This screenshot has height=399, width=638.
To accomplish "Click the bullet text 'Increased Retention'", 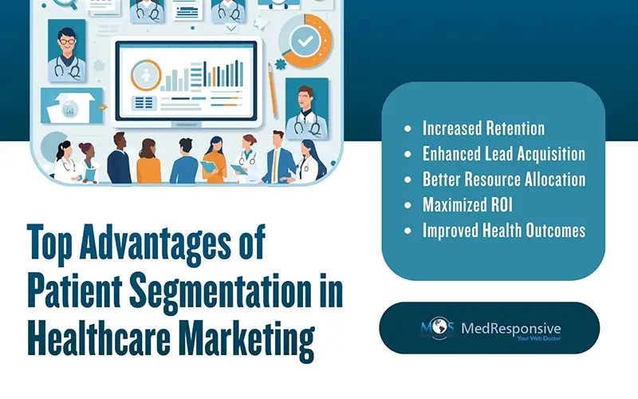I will pos(483,128).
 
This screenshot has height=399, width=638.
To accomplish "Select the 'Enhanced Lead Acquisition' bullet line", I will pos(504,153).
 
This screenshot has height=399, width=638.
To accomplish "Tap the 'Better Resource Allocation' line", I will pos(504,179).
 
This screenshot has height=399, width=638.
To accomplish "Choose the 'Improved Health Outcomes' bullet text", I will pos(504,231).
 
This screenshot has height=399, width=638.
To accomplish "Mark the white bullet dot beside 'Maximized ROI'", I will pos(409,205).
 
